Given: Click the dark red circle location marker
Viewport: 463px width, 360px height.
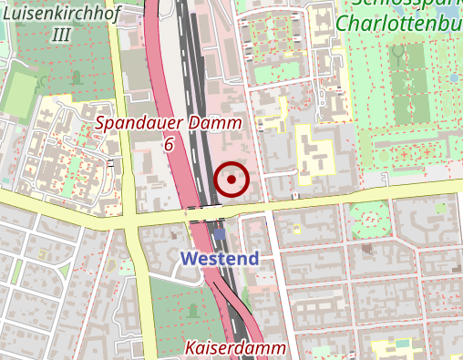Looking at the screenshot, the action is pos(231,180).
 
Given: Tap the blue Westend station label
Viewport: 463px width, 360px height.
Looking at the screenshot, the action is pos(220,258).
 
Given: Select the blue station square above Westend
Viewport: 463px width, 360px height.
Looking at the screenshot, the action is pos(220,235).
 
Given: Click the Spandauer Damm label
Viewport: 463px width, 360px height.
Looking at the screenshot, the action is pos(169,123).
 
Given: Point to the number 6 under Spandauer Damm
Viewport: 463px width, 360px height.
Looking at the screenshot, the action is pos(169,144).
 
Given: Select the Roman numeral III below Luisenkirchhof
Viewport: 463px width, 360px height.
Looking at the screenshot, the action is pos(62,35).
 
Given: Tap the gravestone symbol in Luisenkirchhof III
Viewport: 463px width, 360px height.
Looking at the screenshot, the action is pos(77,77).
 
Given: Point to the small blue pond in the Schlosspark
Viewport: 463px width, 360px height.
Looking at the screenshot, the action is pos(454,78).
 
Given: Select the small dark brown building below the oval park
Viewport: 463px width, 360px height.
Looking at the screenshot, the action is pos(366,247).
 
